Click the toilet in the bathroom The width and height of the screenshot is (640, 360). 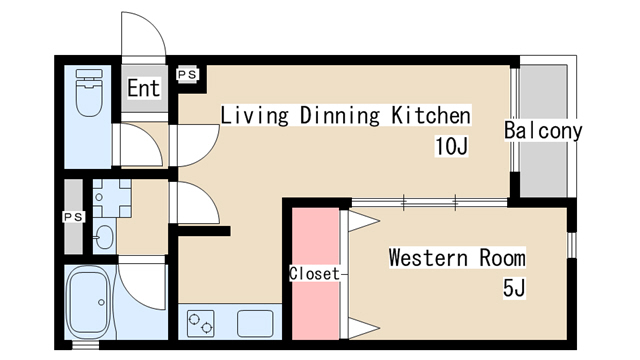(89, 93)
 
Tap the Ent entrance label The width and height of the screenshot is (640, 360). (143, 88)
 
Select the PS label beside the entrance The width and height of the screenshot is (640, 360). (187, 74)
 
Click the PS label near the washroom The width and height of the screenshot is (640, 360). (74, 216)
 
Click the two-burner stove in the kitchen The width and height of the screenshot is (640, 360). (200, 323)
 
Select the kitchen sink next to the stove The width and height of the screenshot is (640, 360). (255, 323)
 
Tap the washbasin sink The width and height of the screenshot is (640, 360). (104, 236)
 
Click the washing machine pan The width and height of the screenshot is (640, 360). (111, 198)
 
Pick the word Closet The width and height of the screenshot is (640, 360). (314, 273)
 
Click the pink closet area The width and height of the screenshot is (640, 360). (316, 273)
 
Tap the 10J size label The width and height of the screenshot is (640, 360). (451, 146)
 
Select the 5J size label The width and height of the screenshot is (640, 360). (514, 288)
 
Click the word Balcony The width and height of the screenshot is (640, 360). (543, 131)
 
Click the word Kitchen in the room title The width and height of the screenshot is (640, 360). (431, 115)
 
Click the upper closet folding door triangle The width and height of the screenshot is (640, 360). (364, 221)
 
